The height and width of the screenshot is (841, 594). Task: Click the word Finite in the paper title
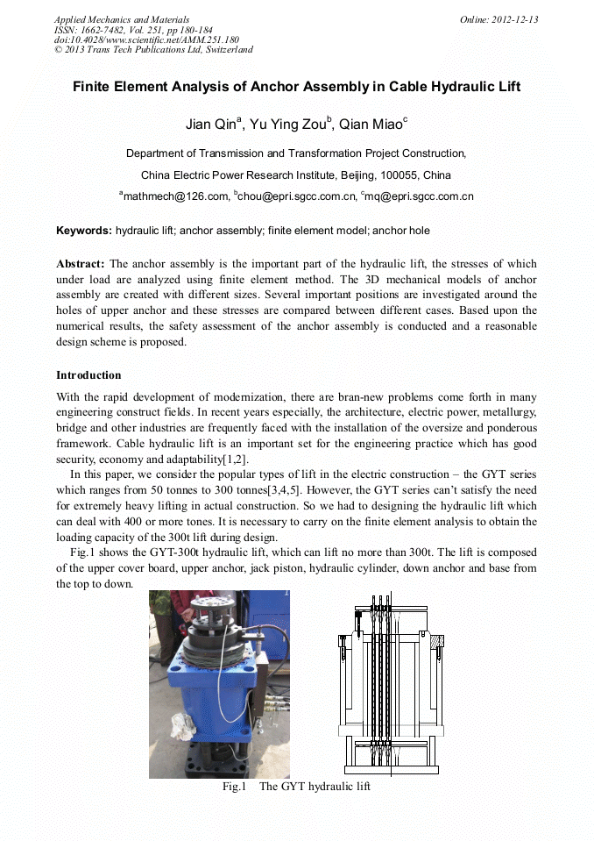pos(93,87)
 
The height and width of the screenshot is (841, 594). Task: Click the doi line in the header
pos(146,39)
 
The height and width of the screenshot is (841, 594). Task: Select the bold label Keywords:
pos(84,231)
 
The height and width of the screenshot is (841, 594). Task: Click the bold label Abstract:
pos(81,264)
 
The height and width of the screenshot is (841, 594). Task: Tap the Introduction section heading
pos(88,375)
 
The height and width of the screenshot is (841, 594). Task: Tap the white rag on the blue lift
pos(185,723)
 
